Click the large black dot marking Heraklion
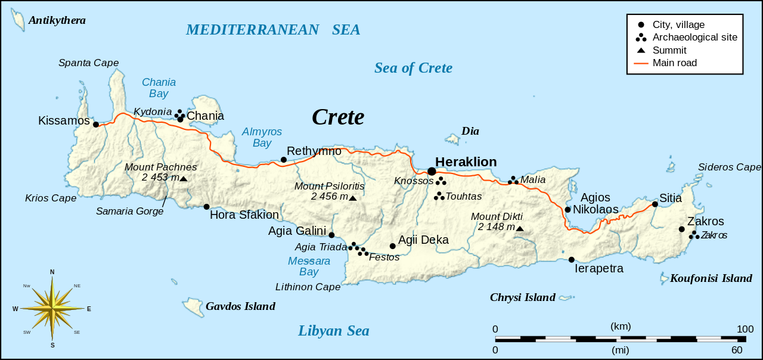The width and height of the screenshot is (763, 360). (x=432, y=172)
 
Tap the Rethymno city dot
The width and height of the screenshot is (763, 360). (x=284, y=160)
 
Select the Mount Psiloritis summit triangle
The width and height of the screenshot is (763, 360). (x=352, y=198)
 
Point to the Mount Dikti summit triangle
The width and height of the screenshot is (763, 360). (x=519, y=229)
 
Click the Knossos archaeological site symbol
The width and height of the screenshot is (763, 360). (x=441, y=181)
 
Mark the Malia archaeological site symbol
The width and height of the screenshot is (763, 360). (x=513, y=180)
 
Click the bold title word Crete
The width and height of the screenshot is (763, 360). (x=338, y=117)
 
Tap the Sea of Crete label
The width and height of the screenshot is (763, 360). (x=413, y=68)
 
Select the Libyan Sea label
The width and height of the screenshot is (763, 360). (x=334, y=331)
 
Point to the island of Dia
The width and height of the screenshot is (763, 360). (x=454, y=139)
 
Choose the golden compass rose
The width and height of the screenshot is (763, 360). (x=52, y=309)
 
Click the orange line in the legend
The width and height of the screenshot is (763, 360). (x=641, y=63)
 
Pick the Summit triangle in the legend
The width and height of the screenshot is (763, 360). (x=641, y=50)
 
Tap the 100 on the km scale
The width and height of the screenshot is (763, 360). (x=745, y=329)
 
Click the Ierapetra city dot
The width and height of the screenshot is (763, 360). (x=571, y=259)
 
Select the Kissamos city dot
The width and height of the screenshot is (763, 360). (x=95, y=124)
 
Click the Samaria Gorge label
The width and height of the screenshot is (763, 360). (x=129, y=211)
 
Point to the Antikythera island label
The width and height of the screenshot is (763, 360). (x=57, y=20)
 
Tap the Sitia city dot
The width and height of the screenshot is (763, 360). (x=655, y=204)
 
